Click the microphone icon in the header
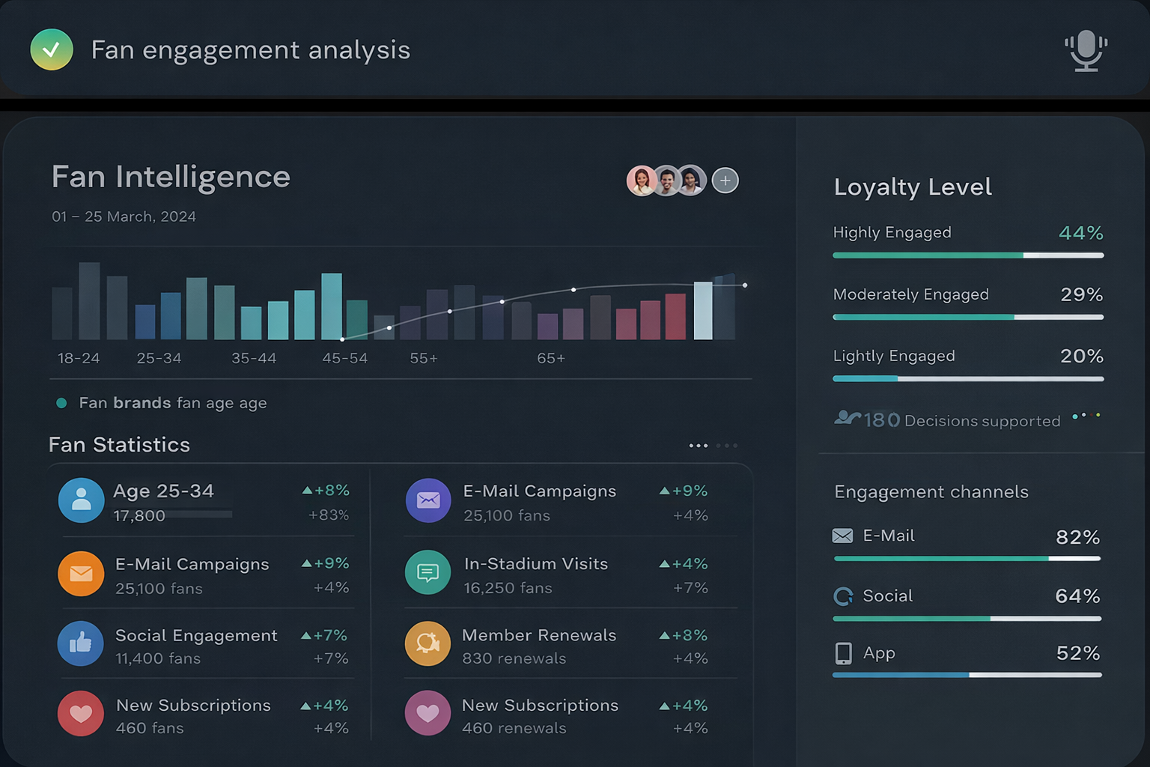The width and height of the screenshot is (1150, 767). tap(1086, 50)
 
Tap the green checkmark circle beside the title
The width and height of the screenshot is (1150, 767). tap(52, 49)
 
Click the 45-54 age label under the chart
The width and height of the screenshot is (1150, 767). tap(344, 358)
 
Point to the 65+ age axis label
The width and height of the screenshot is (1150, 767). tap(550, 358)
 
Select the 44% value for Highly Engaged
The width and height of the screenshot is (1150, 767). tap(1080, 233)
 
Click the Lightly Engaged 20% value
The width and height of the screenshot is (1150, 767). tap(1081, 356)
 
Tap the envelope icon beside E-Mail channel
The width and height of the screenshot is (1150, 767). tap(842, 536)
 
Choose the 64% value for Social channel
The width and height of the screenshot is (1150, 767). tap(1077, 596)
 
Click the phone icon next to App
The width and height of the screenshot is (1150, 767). tap(843, 653)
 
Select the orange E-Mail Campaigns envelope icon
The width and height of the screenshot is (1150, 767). tap(81, 574)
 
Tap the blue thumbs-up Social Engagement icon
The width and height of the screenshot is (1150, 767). tap(81, 643)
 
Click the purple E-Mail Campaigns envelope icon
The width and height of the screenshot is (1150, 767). tap(428, 500)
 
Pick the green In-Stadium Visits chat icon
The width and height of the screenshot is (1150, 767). tap(428, 573)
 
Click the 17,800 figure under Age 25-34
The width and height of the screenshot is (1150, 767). tap(139, 515)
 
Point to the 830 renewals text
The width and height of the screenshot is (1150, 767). tap(514, 658)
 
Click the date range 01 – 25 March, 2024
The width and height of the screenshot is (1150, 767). tap(124, 216)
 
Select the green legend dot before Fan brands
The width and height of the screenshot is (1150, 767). tap(61, 403)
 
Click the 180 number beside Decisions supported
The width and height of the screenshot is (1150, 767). tap(881, 420)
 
